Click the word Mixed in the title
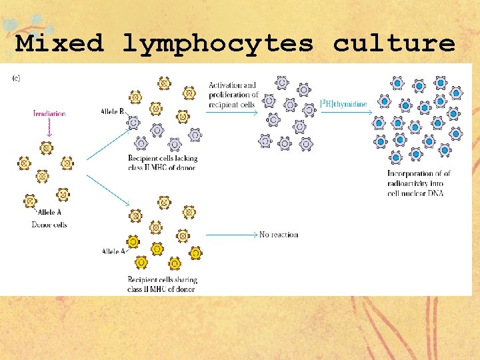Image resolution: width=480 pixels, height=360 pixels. (x=60, y=44)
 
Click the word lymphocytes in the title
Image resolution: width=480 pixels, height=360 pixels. (x=217, y=44)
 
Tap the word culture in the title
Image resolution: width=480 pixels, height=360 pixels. (x=394, y=44)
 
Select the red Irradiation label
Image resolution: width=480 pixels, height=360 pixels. (x=49, y=114)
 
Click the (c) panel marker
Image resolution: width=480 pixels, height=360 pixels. (x=16, y=78)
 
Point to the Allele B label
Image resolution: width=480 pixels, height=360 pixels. (x=112, y=111)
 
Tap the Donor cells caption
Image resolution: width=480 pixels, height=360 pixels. (x=49, y=225)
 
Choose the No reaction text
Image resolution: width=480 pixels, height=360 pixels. (x=279, y=235)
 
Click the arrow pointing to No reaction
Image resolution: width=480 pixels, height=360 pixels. (x=231, y=235)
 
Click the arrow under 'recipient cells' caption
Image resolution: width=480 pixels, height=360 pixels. (x=233, y=113)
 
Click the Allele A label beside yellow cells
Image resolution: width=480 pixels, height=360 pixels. (x=113, y=251)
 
